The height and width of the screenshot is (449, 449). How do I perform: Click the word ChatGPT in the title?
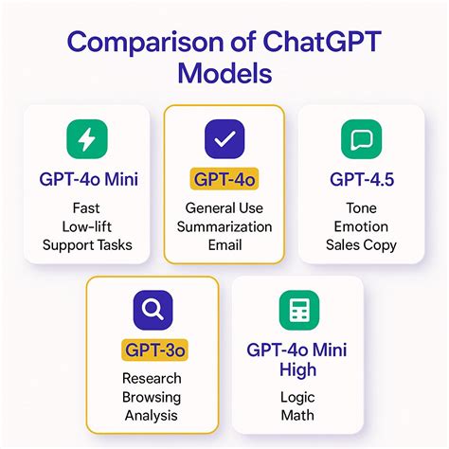[x=322, y=42]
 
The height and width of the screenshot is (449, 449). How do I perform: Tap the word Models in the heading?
[x=224, y=73]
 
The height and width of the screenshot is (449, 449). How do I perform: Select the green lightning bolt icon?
[x=87, y=139]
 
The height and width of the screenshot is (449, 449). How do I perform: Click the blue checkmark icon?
[x=224, y=139]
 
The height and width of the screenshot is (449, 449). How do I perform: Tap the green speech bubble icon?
[x=362, y=139]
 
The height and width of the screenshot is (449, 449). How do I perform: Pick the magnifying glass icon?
[x=153, y=310]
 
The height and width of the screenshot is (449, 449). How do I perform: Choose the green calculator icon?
[x=299, y=310]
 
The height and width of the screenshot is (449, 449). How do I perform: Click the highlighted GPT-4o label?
[x=224, y=179]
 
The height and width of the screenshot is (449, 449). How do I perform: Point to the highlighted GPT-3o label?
[x=154, y=350]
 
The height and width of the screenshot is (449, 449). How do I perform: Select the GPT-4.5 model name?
[x=362, y=179]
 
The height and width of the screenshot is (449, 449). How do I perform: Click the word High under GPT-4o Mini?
[x=297, y=369]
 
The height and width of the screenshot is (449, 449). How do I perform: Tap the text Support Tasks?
[x=87, y=245]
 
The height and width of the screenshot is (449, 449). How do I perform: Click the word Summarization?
[x=224, y=226]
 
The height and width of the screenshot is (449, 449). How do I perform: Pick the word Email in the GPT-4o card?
[x=224, y=245]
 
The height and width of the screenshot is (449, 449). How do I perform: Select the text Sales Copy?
[x=361, y=245]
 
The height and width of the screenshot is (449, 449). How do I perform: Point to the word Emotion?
[x=361, y=226]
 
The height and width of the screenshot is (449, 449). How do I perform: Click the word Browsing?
[x=152, y=397]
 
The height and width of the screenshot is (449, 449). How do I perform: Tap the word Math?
[x=297, y=415]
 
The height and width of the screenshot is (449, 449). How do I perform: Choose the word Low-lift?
[x=87, y=226]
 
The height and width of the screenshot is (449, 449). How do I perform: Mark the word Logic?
[x=297, y=397]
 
